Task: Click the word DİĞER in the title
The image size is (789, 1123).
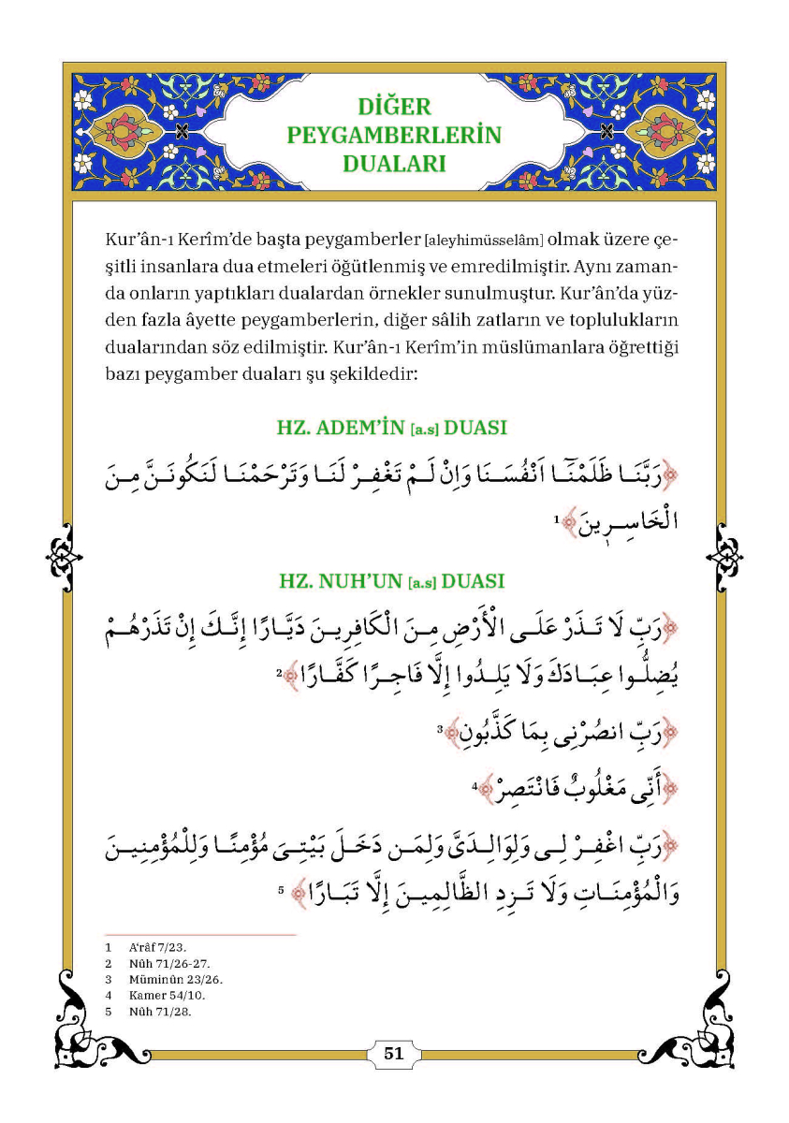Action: (393, 106)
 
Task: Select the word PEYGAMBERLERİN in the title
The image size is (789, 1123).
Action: (393, 135)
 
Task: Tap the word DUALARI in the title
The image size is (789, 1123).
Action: (393, 164)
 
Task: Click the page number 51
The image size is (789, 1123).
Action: (393, 1053)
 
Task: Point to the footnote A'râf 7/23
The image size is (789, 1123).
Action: (151, 948)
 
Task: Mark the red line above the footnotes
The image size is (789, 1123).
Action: (200, 934)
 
